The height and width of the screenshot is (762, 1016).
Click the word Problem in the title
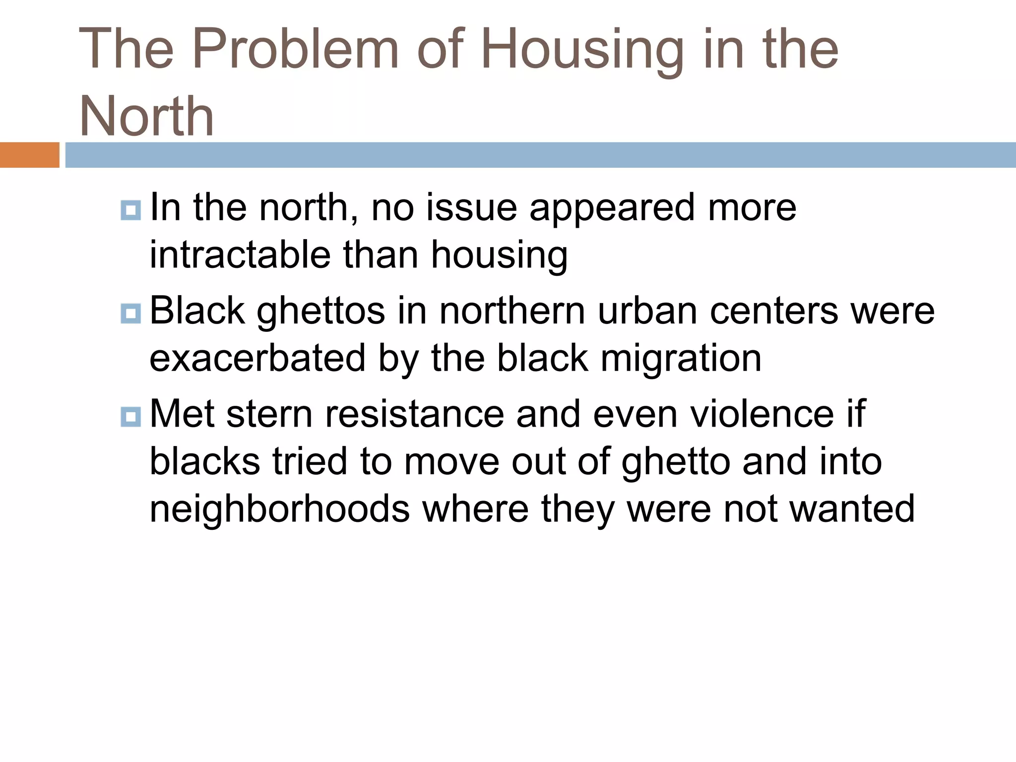[296, 49]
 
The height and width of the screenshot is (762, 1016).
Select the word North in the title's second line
[147, 116]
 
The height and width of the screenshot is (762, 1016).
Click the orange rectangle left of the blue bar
[29, 155]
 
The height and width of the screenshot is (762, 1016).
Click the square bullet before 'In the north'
[131, 210]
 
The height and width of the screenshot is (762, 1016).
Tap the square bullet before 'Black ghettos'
[131, 314]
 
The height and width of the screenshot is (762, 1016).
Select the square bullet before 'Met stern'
[131, 417]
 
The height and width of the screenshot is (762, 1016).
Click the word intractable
[240, 254]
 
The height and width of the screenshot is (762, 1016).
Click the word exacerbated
[257, 358]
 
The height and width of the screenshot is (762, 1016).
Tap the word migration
[681, 358]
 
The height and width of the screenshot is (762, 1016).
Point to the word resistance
[414, 414]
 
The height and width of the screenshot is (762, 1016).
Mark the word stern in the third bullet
[269, 414]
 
